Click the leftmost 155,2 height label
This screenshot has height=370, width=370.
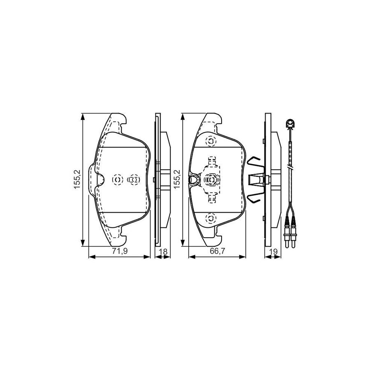tap(77, 180)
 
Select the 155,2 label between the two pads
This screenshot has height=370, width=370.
tap(177, 180)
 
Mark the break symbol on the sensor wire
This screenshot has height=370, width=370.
tap(290, 168)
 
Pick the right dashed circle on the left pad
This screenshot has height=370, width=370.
tap(134, 180)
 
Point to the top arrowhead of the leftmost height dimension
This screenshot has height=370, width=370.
tap(84, 116)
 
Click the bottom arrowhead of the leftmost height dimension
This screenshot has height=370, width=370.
tap(84, 244)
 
